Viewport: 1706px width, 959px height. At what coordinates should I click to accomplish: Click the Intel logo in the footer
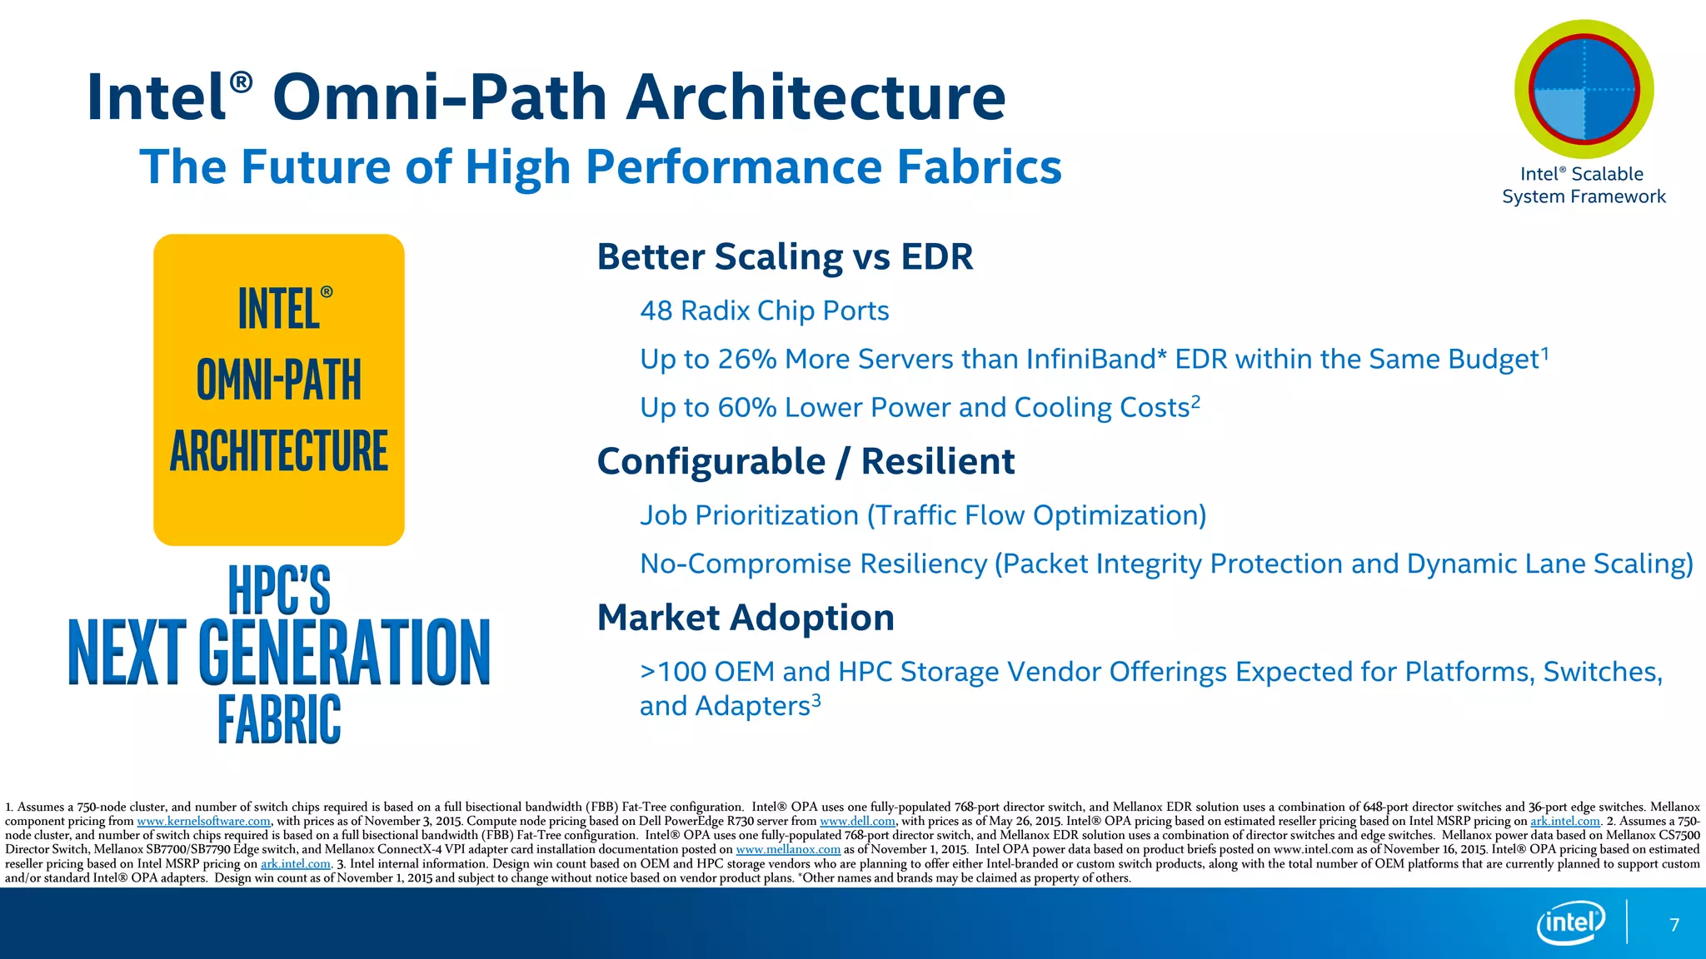(x=1570, y=923)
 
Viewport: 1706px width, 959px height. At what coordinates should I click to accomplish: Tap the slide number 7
(x=1674, y=925)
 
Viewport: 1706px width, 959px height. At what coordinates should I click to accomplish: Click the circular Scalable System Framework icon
(x=1584, y=90)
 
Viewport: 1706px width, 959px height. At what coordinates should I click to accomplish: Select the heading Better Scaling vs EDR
(x=785, y=256)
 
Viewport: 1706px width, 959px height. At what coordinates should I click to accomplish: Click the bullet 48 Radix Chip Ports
(x=764, y=311)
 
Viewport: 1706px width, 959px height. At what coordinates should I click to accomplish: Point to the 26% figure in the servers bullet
(x=747, y=359)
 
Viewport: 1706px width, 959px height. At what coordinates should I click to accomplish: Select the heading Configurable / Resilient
(x=806, y=461)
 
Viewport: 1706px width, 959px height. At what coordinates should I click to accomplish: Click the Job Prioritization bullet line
(x=923, y=515)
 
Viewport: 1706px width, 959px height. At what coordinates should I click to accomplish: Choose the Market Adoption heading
(x=746, y=618)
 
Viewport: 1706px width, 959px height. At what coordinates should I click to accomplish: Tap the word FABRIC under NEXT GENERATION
(x=279, y=719)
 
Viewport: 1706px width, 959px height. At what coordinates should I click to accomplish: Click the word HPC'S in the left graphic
(x=279, y=589)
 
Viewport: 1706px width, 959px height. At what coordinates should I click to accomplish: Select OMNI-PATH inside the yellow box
(x=279, y=380)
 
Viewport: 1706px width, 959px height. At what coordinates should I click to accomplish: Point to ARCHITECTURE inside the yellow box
(x=279, y=451)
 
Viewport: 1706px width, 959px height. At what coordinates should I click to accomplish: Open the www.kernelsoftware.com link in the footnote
(x=203, y=822)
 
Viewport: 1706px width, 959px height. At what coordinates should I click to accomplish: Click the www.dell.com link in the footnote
(x=857, y=822)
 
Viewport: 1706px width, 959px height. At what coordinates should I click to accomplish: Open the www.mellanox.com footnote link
(x=788, y=850)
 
